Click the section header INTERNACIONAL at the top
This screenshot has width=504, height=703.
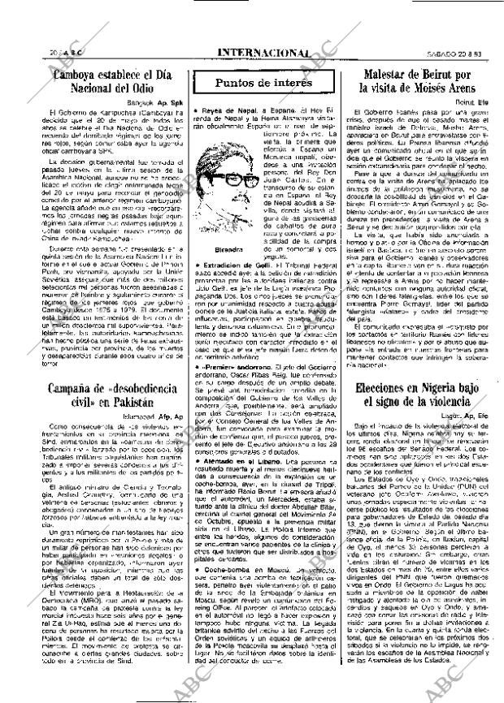[263, 54]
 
